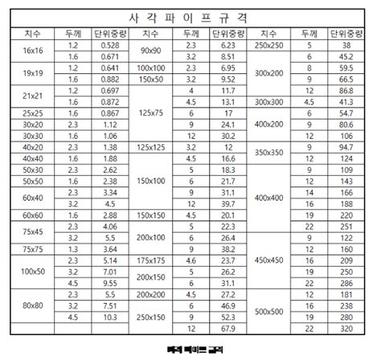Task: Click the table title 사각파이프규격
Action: pyautogui.click(x=190, y=17)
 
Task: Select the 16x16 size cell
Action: pyautogui.click(x=33, y=51)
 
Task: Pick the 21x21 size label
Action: pyautogui.click(x=33, y=97)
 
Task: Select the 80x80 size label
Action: pyautogui.click(x=33, y=305)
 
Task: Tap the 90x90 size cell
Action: pyautogui.click(x=150, y=51)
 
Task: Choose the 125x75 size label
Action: pyautogui.click(x=150, y=114)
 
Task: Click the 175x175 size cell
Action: pyautogui.click(x=150, y=260)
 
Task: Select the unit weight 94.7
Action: pyautogui.click(x=346, y=148)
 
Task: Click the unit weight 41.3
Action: pyautogui.click(x=346, y=103)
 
